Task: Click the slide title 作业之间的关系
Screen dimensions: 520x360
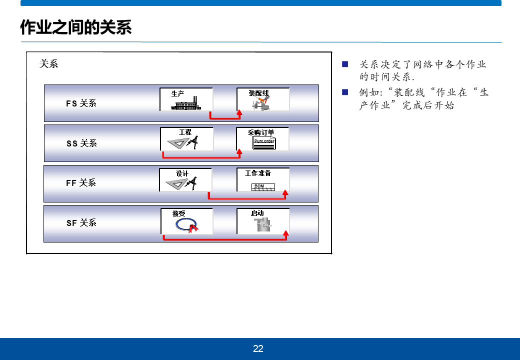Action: click(76, 27)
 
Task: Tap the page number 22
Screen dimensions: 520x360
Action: click(258, 349)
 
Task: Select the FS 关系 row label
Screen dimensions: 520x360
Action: click(81, 103)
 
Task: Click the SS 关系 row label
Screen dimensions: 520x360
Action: click(81, 143)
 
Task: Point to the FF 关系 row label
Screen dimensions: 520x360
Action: click(81, 183)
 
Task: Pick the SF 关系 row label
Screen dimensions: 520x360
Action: click(81, 223)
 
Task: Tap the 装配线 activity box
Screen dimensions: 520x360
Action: click(262, 99)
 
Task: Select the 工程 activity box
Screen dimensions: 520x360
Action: click(186, 139)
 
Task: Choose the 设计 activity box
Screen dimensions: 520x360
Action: click(185, 180)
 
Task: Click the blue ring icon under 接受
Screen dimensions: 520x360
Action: click(185, 225)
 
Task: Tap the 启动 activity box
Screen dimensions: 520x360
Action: click(262, 221)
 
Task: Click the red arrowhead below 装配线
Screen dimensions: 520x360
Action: click(239, 112)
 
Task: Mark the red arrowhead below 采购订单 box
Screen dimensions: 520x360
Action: click(239, 152)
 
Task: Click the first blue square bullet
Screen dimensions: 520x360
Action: click(344, 64)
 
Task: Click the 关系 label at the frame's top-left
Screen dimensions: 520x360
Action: click(49, 64)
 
